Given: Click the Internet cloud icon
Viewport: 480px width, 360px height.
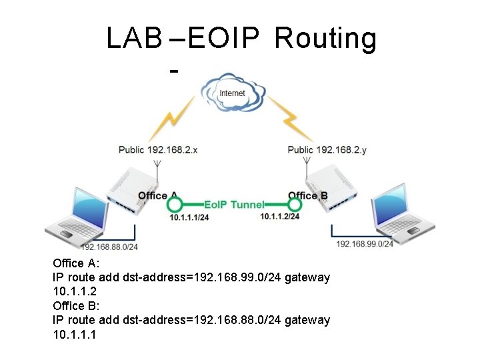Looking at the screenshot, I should click(232, 93).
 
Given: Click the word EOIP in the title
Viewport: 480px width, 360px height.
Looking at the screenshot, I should click(223, 39).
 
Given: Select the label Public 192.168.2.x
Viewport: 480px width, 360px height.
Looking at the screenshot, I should click(158, 150).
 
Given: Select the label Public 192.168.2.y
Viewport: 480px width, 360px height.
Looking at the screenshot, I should click(327, 150).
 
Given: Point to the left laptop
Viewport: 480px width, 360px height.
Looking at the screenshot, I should click(77, 213).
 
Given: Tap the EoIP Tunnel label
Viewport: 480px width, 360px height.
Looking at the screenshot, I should click(234, 205).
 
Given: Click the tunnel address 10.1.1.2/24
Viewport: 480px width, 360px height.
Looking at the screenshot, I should click(279, 217).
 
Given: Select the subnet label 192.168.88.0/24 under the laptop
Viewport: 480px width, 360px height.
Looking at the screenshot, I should click(109, 247).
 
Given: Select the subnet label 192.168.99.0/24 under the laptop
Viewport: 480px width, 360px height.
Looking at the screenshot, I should click(365, 244).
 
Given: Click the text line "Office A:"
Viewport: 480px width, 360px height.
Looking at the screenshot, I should click(76, 263).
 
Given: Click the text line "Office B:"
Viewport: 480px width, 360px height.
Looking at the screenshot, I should click(76, 305).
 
